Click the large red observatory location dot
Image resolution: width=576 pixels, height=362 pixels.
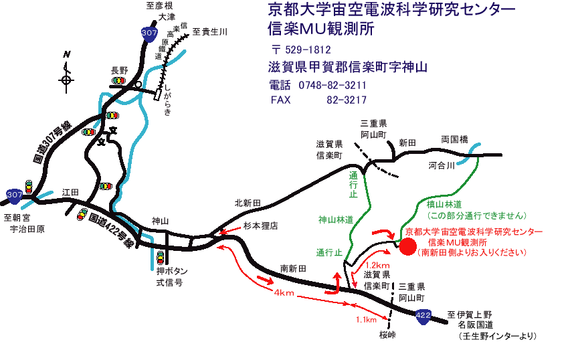click(x=408, y=246)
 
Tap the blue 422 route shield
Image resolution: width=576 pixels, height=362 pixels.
click(x=423, y=316)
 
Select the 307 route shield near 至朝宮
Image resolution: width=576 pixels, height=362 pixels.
click(x=15, y=195)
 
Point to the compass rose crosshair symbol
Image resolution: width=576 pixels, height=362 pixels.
click(x=66, y=80)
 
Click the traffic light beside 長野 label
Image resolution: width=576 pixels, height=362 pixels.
click(x=118, y=80)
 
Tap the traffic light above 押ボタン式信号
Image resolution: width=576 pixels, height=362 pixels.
click(x=160, y=257)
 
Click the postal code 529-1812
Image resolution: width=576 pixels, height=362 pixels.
click(x=308, y=50)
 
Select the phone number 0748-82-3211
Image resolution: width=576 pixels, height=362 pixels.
click(x=332, y=85)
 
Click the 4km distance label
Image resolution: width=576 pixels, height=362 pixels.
click(x=284, y=292)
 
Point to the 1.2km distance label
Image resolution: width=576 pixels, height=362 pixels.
click(x=377, y=266)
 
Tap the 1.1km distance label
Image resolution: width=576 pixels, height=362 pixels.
click(x=366, y=320)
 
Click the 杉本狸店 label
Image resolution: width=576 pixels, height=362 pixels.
click(x=261, y=225)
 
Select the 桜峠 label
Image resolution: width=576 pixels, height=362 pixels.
click(x=387, y=335)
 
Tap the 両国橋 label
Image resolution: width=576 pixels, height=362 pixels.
click(x=454, y=140)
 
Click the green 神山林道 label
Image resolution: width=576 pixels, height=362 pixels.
click(x=336, y=219)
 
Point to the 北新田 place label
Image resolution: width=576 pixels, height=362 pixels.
click(x=248, y=203)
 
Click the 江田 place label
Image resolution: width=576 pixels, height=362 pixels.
click(x=70, y=192)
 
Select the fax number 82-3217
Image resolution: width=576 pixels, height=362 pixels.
click(x=347, y=100)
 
